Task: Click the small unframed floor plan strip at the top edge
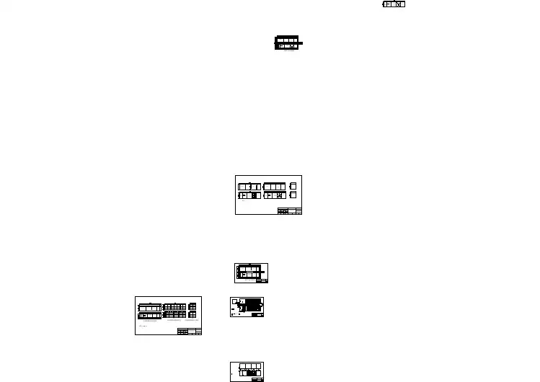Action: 394,4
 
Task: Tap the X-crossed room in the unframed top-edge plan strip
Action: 399,4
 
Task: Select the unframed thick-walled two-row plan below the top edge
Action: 287,43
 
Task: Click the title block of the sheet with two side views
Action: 290,211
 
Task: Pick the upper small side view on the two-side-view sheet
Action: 293,186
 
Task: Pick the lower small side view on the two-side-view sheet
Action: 293,195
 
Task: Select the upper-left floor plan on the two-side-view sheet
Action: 249,187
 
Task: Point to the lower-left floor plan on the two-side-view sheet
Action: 249,195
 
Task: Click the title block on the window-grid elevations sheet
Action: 189,332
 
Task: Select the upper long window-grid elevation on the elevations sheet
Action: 174,307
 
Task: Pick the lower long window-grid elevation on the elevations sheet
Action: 174,315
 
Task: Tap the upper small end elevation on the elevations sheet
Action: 192,307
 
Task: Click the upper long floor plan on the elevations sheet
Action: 150,308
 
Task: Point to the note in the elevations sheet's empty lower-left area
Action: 142,326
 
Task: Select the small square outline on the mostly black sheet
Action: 235,301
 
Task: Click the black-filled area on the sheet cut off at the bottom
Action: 253,373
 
